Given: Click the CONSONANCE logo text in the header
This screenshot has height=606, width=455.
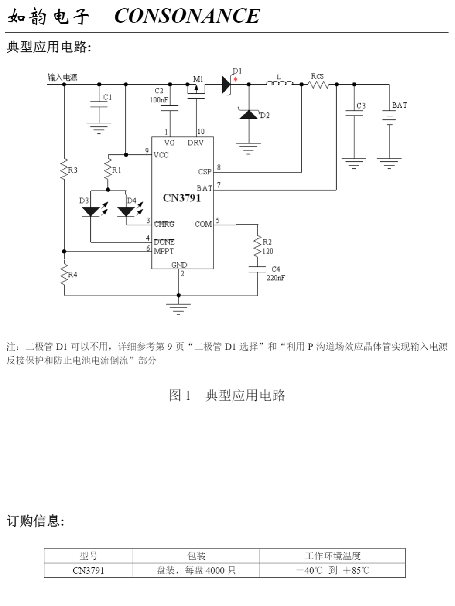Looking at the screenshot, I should (187, 17).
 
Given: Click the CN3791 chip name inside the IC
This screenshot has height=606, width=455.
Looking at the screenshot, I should (182, 198).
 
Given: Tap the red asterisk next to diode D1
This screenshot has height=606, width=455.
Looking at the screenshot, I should (236, 79).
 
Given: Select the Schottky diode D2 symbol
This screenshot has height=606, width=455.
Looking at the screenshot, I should (249, 115).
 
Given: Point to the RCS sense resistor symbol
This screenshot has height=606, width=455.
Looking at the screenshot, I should (318, 84).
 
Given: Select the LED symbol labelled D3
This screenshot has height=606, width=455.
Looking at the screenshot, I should (91, 211).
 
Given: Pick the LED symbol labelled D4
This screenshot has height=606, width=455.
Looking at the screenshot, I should (126, 211).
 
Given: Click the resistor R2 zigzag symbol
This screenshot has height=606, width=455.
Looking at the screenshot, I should (257, 246).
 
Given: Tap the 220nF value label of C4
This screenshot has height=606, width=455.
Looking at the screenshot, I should (276, 278).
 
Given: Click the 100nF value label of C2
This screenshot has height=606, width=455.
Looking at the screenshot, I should (158, 100).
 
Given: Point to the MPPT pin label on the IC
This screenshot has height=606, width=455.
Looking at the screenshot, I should (164, 251).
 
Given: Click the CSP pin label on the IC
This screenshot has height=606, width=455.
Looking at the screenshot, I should (205, 171).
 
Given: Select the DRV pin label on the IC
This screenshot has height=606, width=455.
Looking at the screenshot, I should (195, 143).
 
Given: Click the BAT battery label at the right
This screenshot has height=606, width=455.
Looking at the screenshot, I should (399, 105).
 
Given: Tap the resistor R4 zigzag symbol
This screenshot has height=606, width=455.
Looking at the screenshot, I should (64, 275).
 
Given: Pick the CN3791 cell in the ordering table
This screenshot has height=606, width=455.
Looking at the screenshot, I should (89, 570).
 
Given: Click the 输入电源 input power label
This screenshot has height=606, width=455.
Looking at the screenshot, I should (62, 77).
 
